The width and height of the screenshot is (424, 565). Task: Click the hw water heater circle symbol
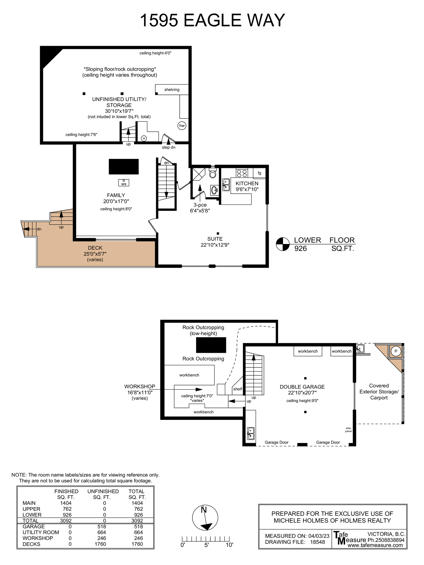pyautogui.click(x=182, y=126)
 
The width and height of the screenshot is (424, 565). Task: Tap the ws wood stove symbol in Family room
pyautogui.click(x=124, y=183)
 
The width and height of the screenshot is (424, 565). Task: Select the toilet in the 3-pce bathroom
pyautogui.click(x=213, y=173)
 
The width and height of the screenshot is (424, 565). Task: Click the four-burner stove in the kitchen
pyautogui.click(x=242, y=173)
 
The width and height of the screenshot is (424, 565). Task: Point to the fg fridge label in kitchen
pyautogui.click(x=259, y=173)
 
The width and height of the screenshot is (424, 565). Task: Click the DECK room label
pyautogui.click(x=95, y=248)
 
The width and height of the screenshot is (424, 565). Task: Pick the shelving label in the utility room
pyautogui.click(x=172, y=90)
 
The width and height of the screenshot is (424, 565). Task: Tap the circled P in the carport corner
pyautogui.click(x=396, y=351)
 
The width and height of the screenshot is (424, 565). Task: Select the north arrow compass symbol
pyautogui.click(x=205, y=518)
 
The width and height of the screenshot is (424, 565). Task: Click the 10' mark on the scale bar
pyautogui.click(x=229, y=545)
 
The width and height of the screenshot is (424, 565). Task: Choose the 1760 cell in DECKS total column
pyautogui.click(x=137, y=544)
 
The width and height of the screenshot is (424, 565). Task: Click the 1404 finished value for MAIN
pyautogui.click(x=66, y=503)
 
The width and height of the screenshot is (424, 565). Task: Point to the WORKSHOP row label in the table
pyautogui.click(x=38, y=538)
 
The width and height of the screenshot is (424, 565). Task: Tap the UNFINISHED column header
pyautogui.click(x=103, y=491)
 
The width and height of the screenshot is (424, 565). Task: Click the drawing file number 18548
pyautogui.click(x=317, y=542)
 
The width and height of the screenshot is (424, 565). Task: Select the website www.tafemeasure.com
pyautogui.click(x=375, y=545)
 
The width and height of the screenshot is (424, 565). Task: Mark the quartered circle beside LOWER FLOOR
pyautogui.click(x=282, y=244)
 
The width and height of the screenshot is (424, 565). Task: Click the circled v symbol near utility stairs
pyautogui.click(x=144, y=138)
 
